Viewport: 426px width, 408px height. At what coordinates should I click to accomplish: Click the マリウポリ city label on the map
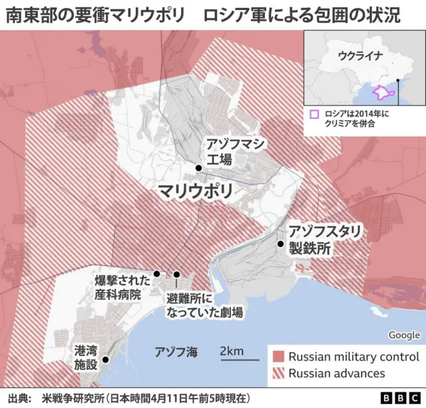pos(195,192)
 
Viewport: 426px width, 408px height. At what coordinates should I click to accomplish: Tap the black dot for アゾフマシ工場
pos(198,167)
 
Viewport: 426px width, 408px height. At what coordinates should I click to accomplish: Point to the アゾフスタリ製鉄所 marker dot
pos(280,244)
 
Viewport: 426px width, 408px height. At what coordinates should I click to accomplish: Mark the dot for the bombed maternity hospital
pos(156,273)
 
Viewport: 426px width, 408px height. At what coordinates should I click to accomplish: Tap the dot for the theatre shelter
pos(177,274)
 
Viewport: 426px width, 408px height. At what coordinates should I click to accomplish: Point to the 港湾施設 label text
pos(86,357)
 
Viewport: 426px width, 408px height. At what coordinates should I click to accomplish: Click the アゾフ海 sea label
pos(176,352)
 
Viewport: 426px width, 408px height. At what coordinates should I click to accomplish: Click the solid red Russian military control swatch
pos(278,357)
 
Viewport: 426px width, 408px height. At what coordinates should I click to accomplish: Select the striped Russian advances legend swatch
pos(278,373)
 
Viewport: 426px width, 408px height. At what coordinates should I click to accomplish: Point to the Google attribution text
pos(404,335)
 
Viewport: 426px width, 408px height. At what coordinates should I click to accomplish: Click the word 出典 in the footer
pos(19,398)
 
